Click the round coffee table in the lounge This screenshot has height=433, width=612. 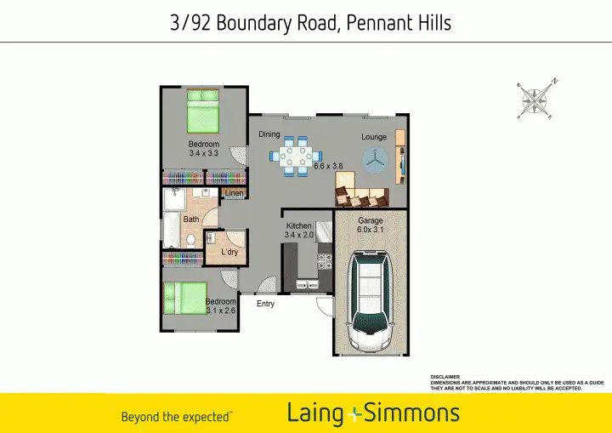click(374, 158)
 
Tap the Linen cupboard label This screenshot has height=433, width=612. click(235, 194)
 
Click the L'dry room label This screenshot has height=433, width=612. click(229, 253)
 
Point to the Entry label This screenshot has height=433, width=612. click(265, 304)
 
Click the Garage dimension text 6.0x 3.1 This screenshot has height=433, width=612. click(370, 230)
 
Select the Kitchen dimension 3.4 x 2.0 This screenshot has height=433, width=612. click(299, 235)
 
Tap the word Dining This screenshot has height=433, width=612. click(269, 134)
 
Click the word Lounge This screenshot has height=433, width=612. click(373, 137)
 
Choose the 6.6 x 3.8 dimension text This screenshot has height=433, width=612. click(328, 166)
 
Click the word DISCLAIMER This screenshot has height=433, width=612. click(445, 377)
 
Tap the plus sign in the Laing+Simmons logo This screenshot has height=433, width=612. click(354, 415)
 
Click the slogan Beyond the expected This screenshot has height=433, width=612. click(175, 417)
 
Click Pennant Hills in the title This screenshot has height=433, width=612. click(399, 23)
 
